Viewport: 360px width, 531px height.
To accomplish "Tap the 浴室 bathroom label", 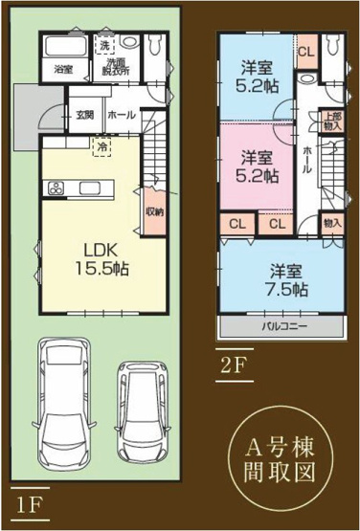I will point(63,69).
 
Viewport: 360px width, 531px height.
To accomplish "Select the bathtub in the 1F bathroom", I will point(64,49).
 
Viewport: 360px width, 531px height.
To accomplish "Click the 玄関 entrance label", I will point(84,115).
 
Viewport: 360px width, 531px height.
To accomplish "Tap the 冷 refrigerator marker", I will point(100,147).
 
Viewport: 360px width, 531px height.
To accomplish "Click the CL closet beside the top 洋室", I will point(304,52).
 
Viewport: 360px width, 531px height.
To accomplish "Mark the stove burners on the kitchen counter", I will point(55,187).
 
